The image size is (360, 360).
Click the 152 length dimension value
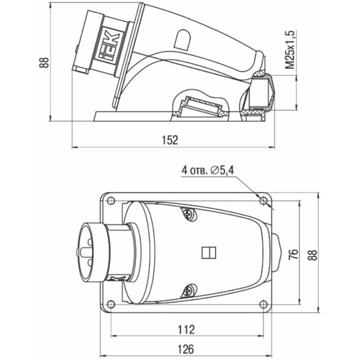170,140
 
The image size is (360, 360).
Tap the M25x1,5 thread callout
290,49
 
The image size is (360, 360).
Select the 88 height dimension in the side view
44,62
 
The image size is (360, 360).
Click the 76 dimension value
293,254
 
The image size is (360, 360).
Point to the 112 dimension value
186,329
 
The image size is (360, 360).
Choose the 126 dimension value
186,349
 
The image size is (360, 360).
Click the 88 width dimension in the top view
312,254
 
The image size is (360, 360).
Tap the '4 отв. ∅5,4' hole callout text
208,170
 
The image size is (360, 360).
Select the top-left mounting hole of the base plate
111,201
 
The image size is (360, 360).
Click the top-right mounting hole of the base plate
263,201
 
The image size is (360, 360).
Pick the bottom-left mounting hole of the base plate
111,304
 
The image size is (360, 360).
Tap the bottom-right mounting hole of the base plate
263,304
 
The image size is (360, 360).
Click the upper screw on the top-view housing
190,214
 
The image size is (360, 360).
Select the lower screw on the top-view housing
190,290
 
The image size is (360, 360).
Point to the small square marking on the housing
209,253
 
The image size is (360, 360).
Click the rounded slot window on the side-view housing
182,40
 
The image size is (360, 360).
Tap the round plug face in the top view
92,253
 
